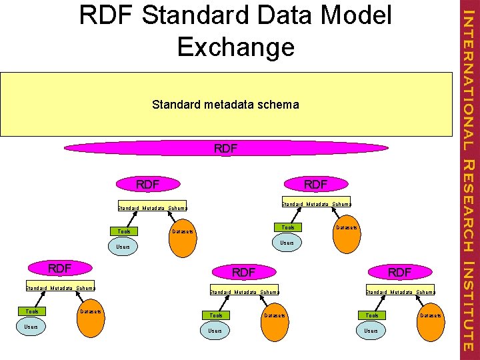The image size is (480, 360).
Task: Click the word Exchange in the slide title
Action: (236, 47)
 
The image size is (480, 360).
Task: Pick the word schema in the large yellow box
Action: (281, 105)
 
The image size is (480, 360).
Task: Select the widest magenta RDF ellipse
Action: (225, 149)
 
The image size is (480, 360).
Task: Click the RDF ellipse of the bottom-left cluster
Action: (60, 269)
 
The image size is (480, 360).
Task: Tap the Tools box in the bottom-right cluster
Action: (372, 315)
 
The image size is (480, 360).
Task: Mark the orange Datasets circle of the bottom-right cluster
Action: (431, 315)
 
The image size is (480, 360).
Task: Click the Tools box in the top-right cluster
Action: (288, 227)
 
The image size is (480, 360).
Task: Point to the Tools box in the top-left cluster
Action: (124, 231)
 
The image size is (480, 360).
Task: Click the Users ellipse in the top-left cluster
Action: (123, 247)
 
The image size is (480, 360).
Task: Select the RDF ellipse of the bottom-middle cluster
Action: (243, 272)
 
